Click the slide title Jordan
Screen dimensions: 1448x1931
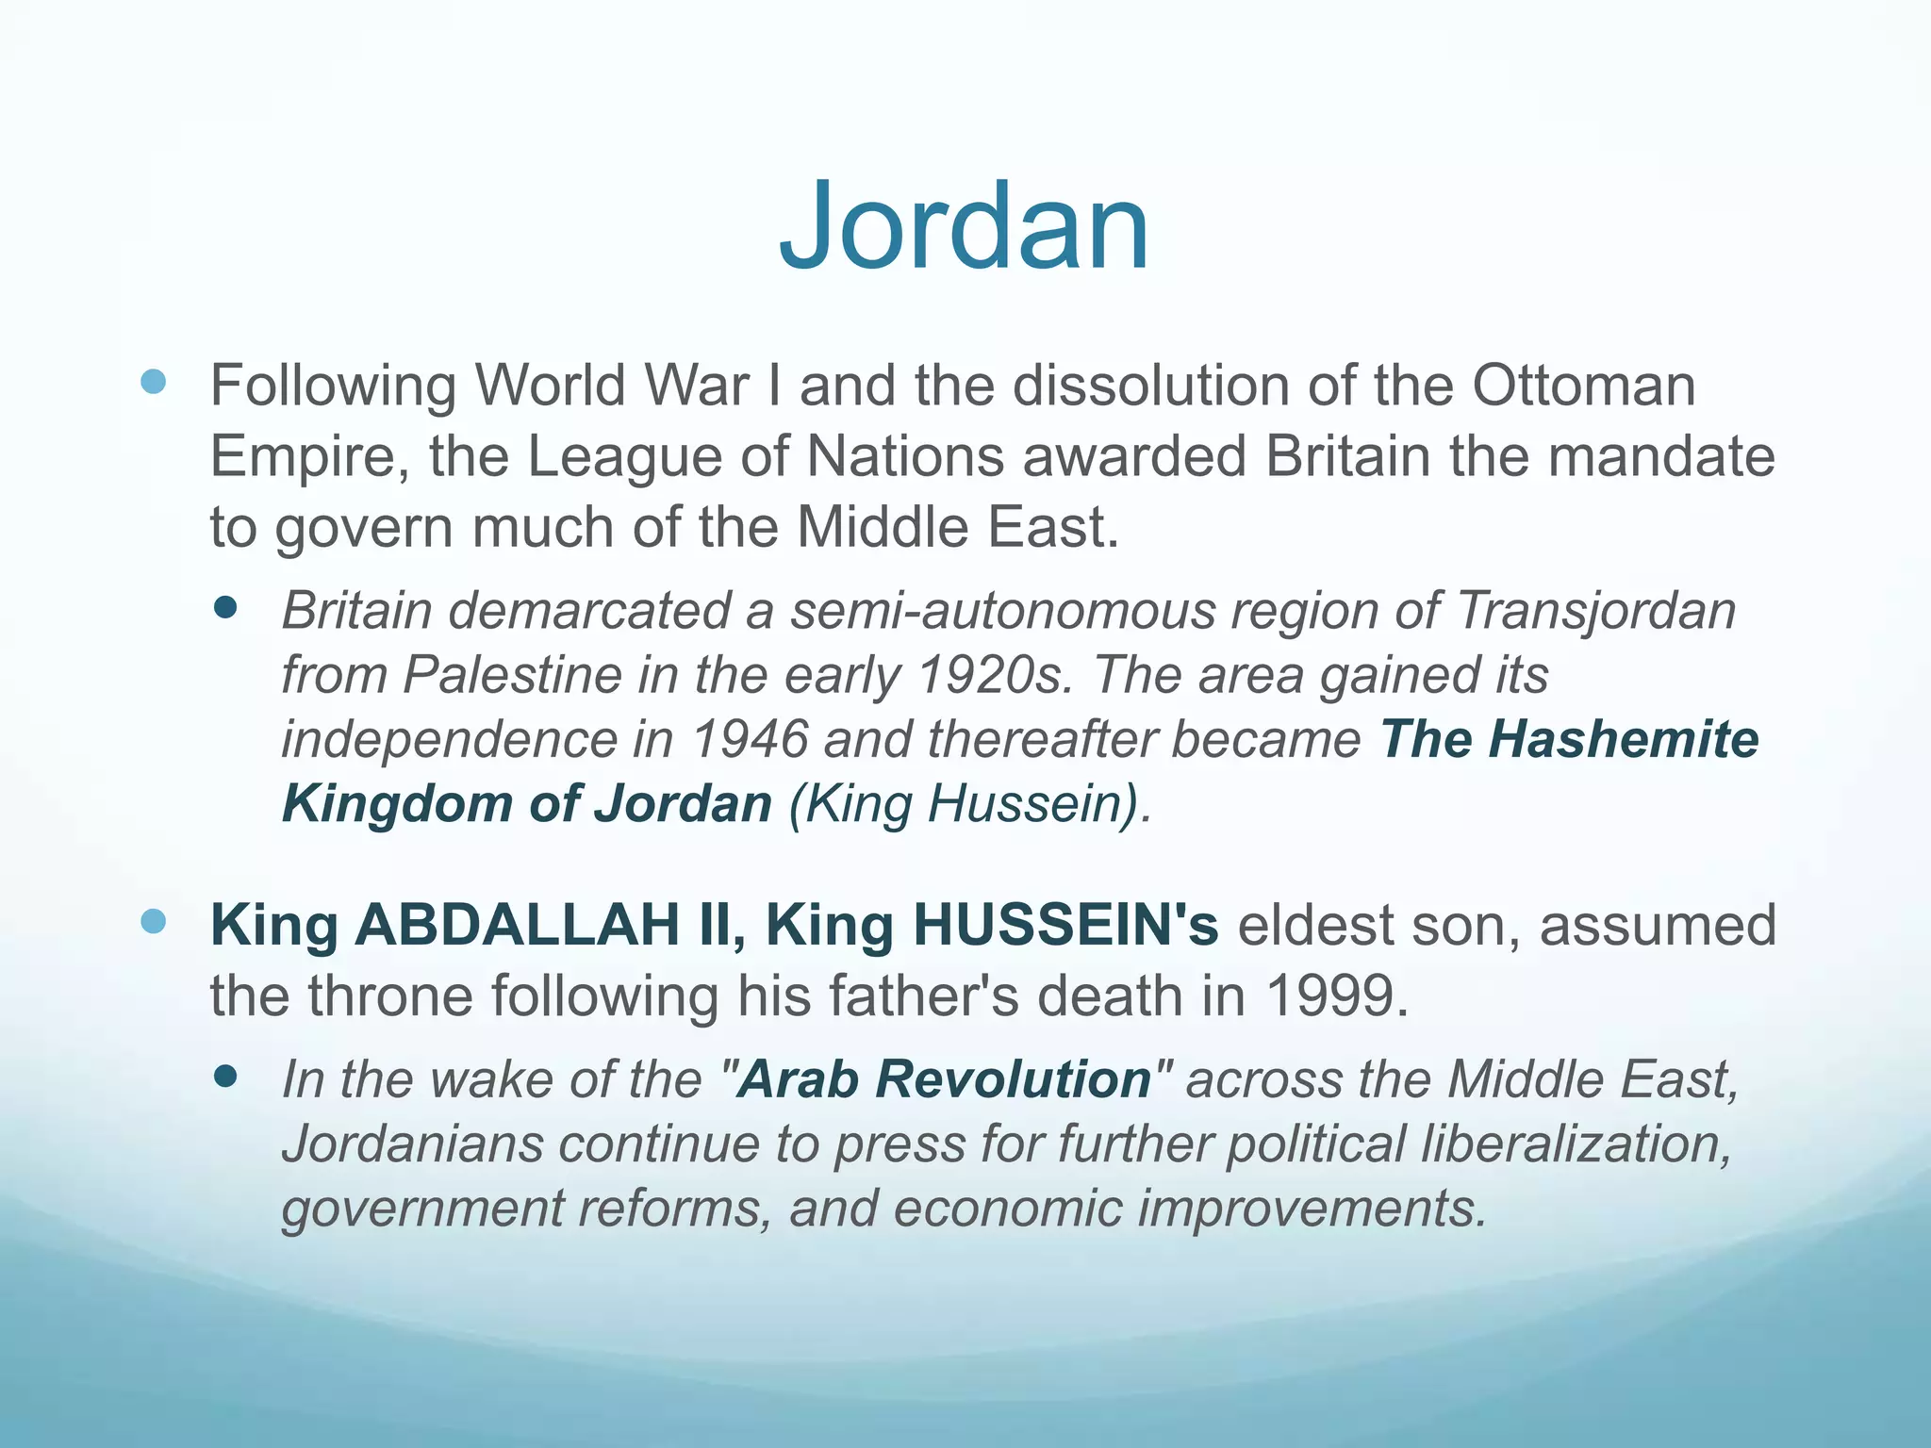tap(964, 226)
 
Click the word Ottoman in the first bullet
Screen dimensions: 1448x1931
tap(1584, 386)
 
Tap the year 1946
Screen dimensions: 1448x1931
tap(750, 739)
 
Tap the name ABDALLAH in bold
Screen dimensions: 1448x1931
tap(517, 925)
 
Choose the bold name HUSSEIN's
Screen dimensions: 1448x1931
tap(1065, 925)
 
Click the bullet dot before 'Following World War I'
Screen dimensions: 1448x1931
tap(153, 382)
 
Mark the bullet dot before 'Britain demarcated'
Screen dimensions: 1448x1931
tap(225, 607)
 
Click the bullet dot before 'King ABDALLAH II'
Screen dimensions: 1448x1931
tap(153, 921)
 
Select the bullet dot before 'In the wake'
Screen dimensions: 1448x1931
tap(225, 1076)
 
